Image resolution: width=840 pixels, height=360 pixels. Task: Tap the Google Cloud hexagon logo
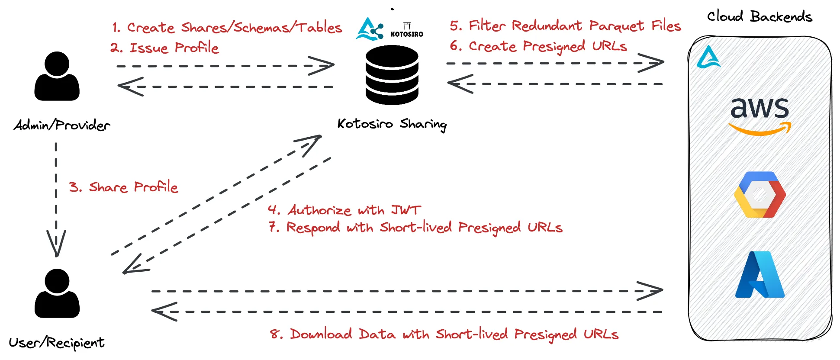[760, 195]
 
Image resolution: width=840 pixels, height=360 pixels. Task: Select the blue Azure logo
[760, 274]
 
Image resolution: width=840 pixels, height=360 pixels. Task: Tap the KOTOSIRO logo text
[407, 34]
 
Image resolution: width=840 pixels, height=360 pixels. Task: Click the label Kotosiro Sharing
[392, 124]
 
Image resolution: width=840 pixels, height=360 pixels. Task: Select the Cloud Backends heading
[760, 16]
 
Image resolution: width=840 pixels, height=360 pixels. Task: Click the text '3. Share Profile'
[123, 187]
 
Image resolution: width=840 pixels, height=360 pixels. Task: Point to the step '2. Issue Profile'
[164, 48]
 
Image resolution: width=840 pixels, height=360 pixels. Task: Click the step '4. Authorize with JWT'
[344, 210]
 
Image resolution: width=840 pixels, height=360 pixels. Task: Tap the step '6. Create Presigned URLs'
[538, 46]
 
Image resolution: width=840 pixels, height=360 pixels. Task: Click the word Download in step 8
[321, 334]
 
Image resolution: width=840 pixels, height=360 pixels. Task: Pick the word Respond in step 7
[313, 228]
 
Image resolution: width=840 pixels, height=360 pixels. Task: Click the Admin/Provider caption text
[61, 125]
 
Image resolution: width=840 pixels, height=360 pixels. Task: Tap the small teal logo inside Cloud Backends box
[708, 57]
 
